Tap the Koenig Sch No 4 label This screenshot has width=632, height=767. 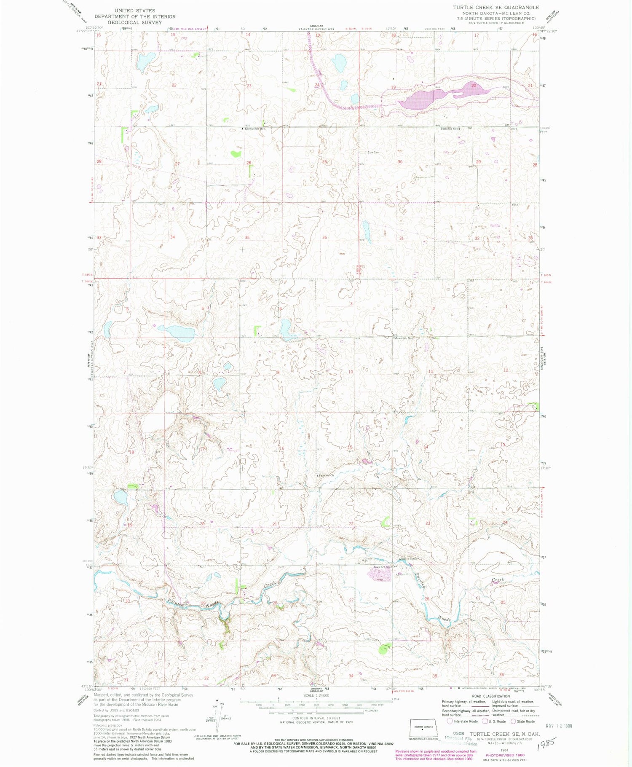tap(255, 129)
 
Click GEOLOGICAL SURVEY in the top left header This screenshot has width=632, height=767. tap(134, 22)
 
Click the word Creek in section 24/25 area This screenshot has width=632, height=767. tap(498, 580)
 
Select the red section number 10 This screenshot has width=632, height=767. tap(351, 372)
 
